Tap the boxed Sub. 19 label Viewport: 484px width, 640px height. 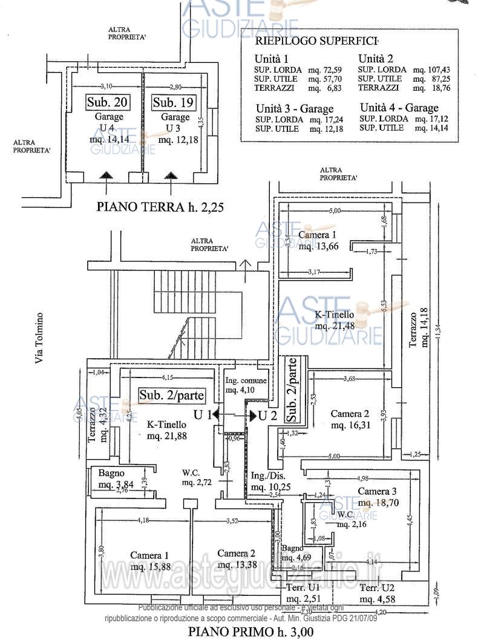[x=172, y=102]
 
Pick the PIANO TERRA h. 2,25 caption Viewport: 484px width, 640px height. [x=160, y=207]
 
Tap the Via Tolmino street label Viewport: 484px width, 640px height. [x=40, y=338]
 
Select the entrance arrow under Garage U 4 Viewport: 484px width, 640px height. [x=106, y=175]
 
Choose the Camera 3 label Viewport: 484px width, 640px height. [x=377, y=491]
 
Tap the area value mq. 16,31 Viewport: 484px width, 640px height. [x=350, y=425]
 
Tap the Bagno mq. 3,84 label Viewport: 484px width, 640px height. [x=113, y=478]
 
